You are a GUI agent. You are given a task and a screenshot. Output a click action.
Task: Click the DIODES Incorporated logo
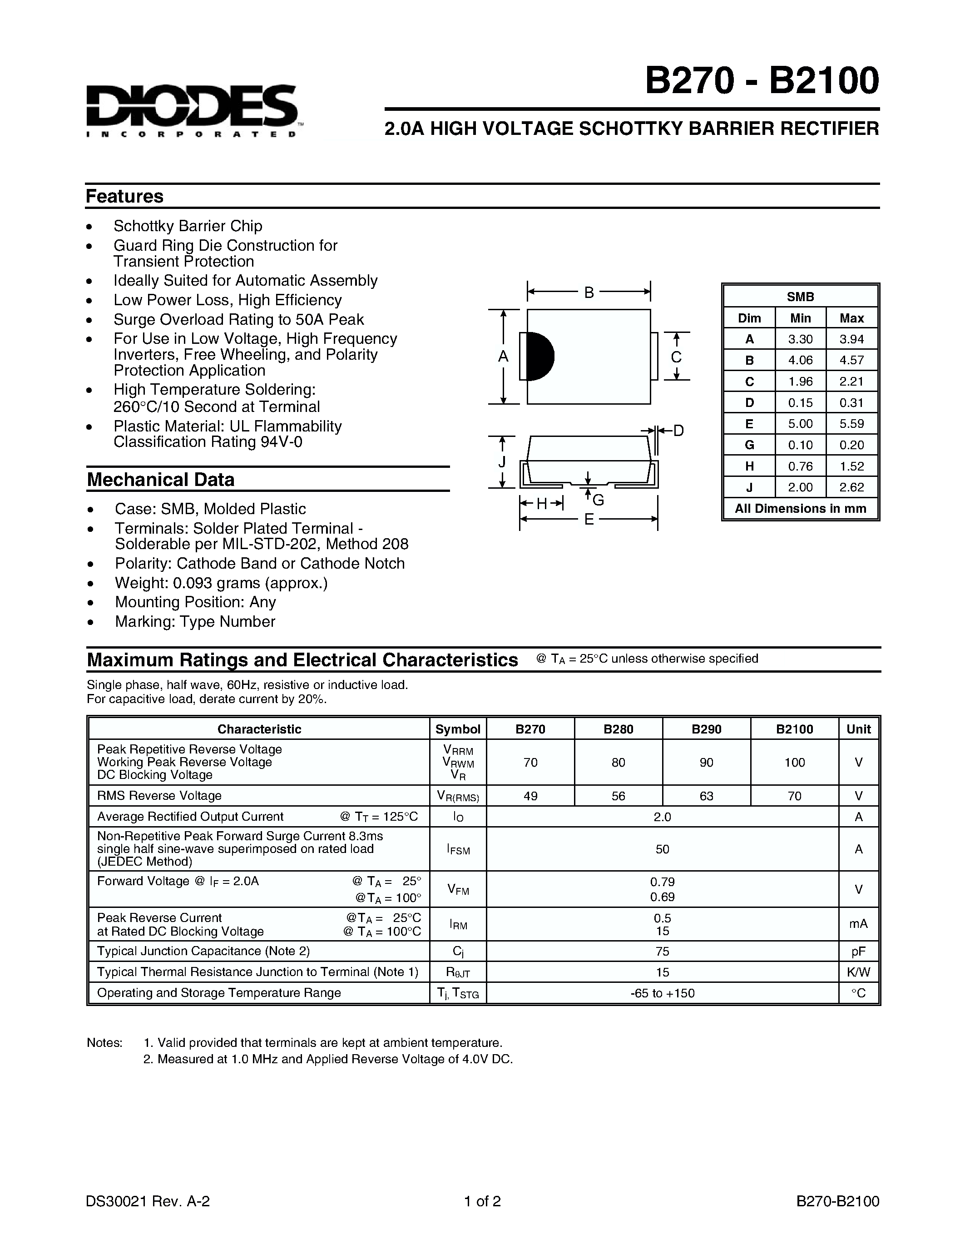point(192,110)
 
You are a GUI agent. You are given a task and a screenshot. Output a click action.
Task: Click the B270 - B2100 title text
point(762,81)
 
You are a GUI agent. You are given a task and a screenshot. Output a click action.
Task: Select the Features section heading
point(124,196)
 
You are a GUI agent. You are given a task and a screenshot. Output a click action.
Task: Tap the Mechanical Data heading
point(161,479)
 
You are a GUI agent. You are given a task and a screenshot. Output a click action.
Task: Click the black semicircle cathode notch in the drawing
point(539,356)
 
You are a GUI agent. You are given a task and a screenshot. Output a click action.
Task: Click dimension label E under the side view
point(589,519)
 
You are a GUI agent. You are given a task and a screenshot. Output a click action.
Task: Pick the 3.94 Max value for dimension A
point(851,339)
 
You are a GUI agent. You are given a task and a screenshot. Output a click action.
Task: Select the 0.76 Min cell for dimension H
point(800,466)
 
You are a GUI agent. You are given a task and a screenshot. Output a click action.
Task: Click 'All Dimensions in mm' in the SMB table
point(800,508)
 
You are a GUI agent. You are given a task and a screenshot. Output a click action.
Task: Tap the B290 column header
point(706,729)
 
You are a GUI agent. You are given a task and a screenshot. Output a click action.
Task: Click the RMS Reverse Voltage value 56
point(618,795)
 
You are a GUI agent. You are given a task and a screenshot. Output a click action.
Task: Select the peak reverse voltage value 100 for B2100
point(794,762)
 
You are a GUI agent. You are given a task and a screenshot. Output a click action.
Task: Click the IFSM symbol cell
point(458,849)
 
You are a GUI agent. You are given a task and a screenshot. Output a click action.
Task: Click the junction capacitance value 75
point(662,951)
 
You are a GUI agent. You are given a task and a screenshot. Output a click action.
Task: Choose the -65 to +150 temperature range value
point(662,993)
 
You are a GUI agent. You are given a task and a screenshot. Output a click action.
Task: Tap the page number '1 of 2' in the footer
point(482,1201)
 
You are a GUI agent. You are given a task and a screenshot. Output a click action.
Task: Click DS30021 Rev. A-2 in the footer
point(148,1201)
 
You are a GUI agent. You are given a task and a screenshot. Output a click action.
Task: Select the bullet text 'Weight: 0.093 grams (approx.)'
point(221,583)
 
